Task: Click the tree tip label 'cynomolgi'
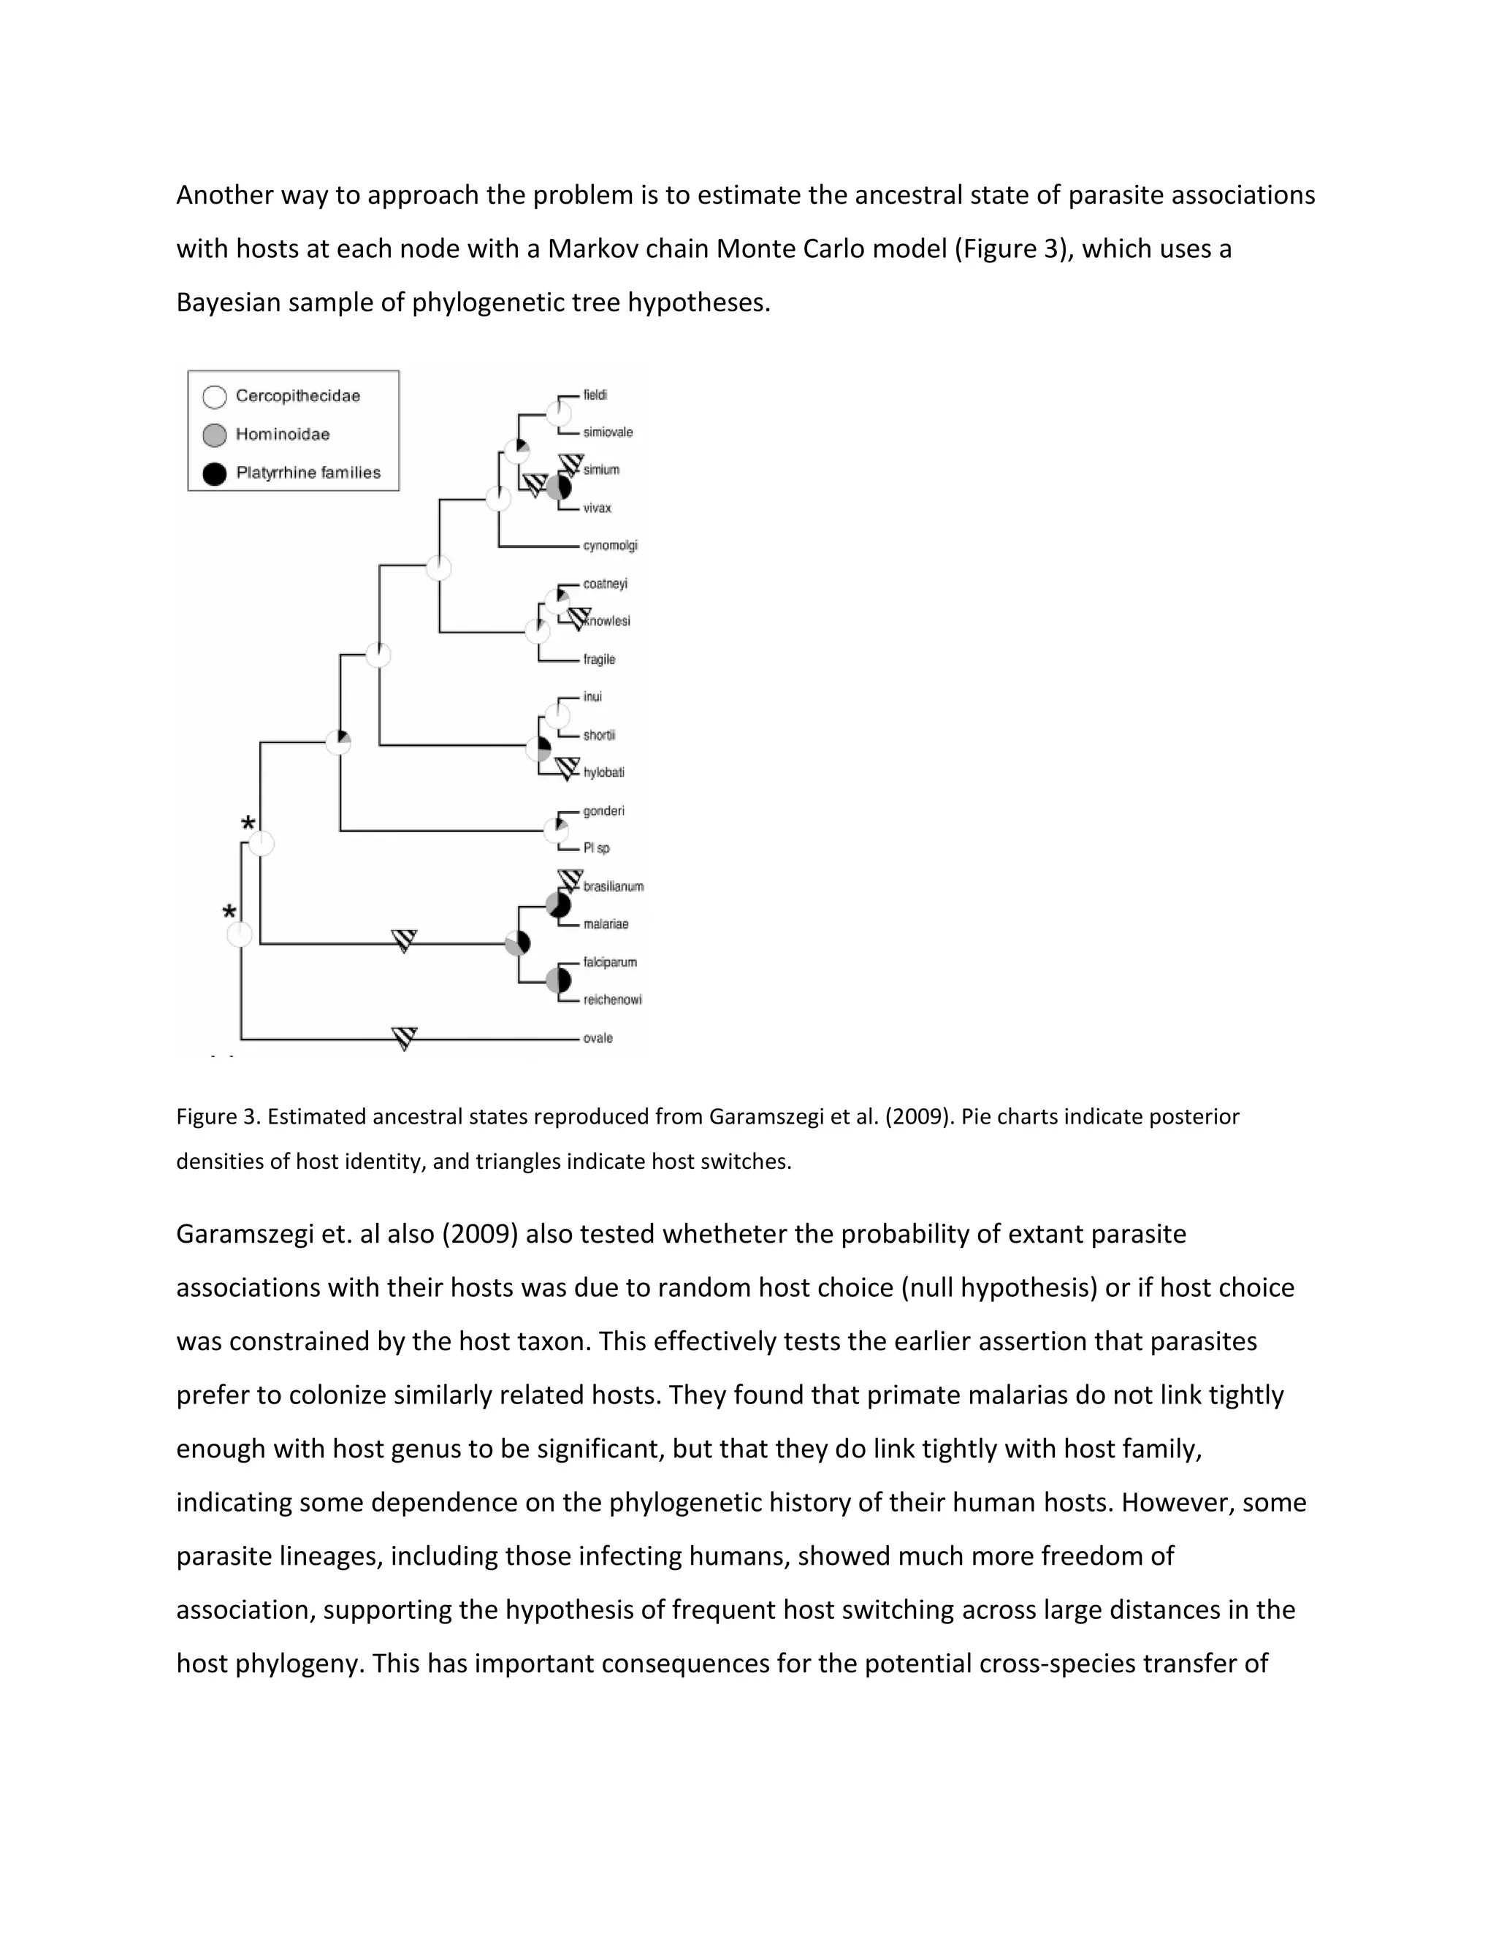pos(610,545)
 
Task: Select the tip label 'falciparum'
pos(610,962)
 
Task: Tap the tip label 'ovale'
pos(598,1038)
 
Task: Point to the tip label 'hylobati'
pos(603,772)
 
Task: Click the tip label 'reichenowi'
pos(612,1000)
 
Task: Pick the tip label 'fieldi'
pos(595,395)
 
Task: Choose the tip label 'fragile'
pos(599,660)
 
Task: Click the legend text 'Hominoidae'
pos(282,435)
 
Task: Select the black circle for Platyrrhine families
pos(215,473)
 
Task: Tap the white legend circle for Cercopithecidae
pos(215,396)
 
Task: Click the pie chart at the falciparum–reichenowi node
pos(558,980)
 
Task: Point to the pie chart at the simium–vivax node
pos(558,487)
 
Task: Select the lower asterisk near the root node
pos(229,913)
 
